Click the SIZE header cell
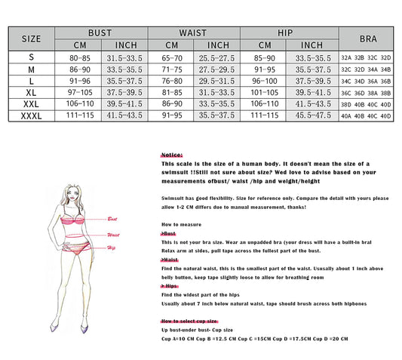[31, 38]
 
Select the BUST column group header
[100, 33]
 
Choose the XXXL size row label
[31, 115]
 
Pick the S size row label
[31, 57]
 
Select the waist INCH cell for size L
[218, 80]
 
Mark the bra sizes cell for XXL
[367, 104]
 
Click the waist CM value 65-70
[172, 57]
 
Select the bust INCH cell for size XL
[124, 92]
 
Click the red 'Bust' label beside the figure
[113, 218]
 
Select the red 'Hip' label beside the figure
[111, 248]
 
